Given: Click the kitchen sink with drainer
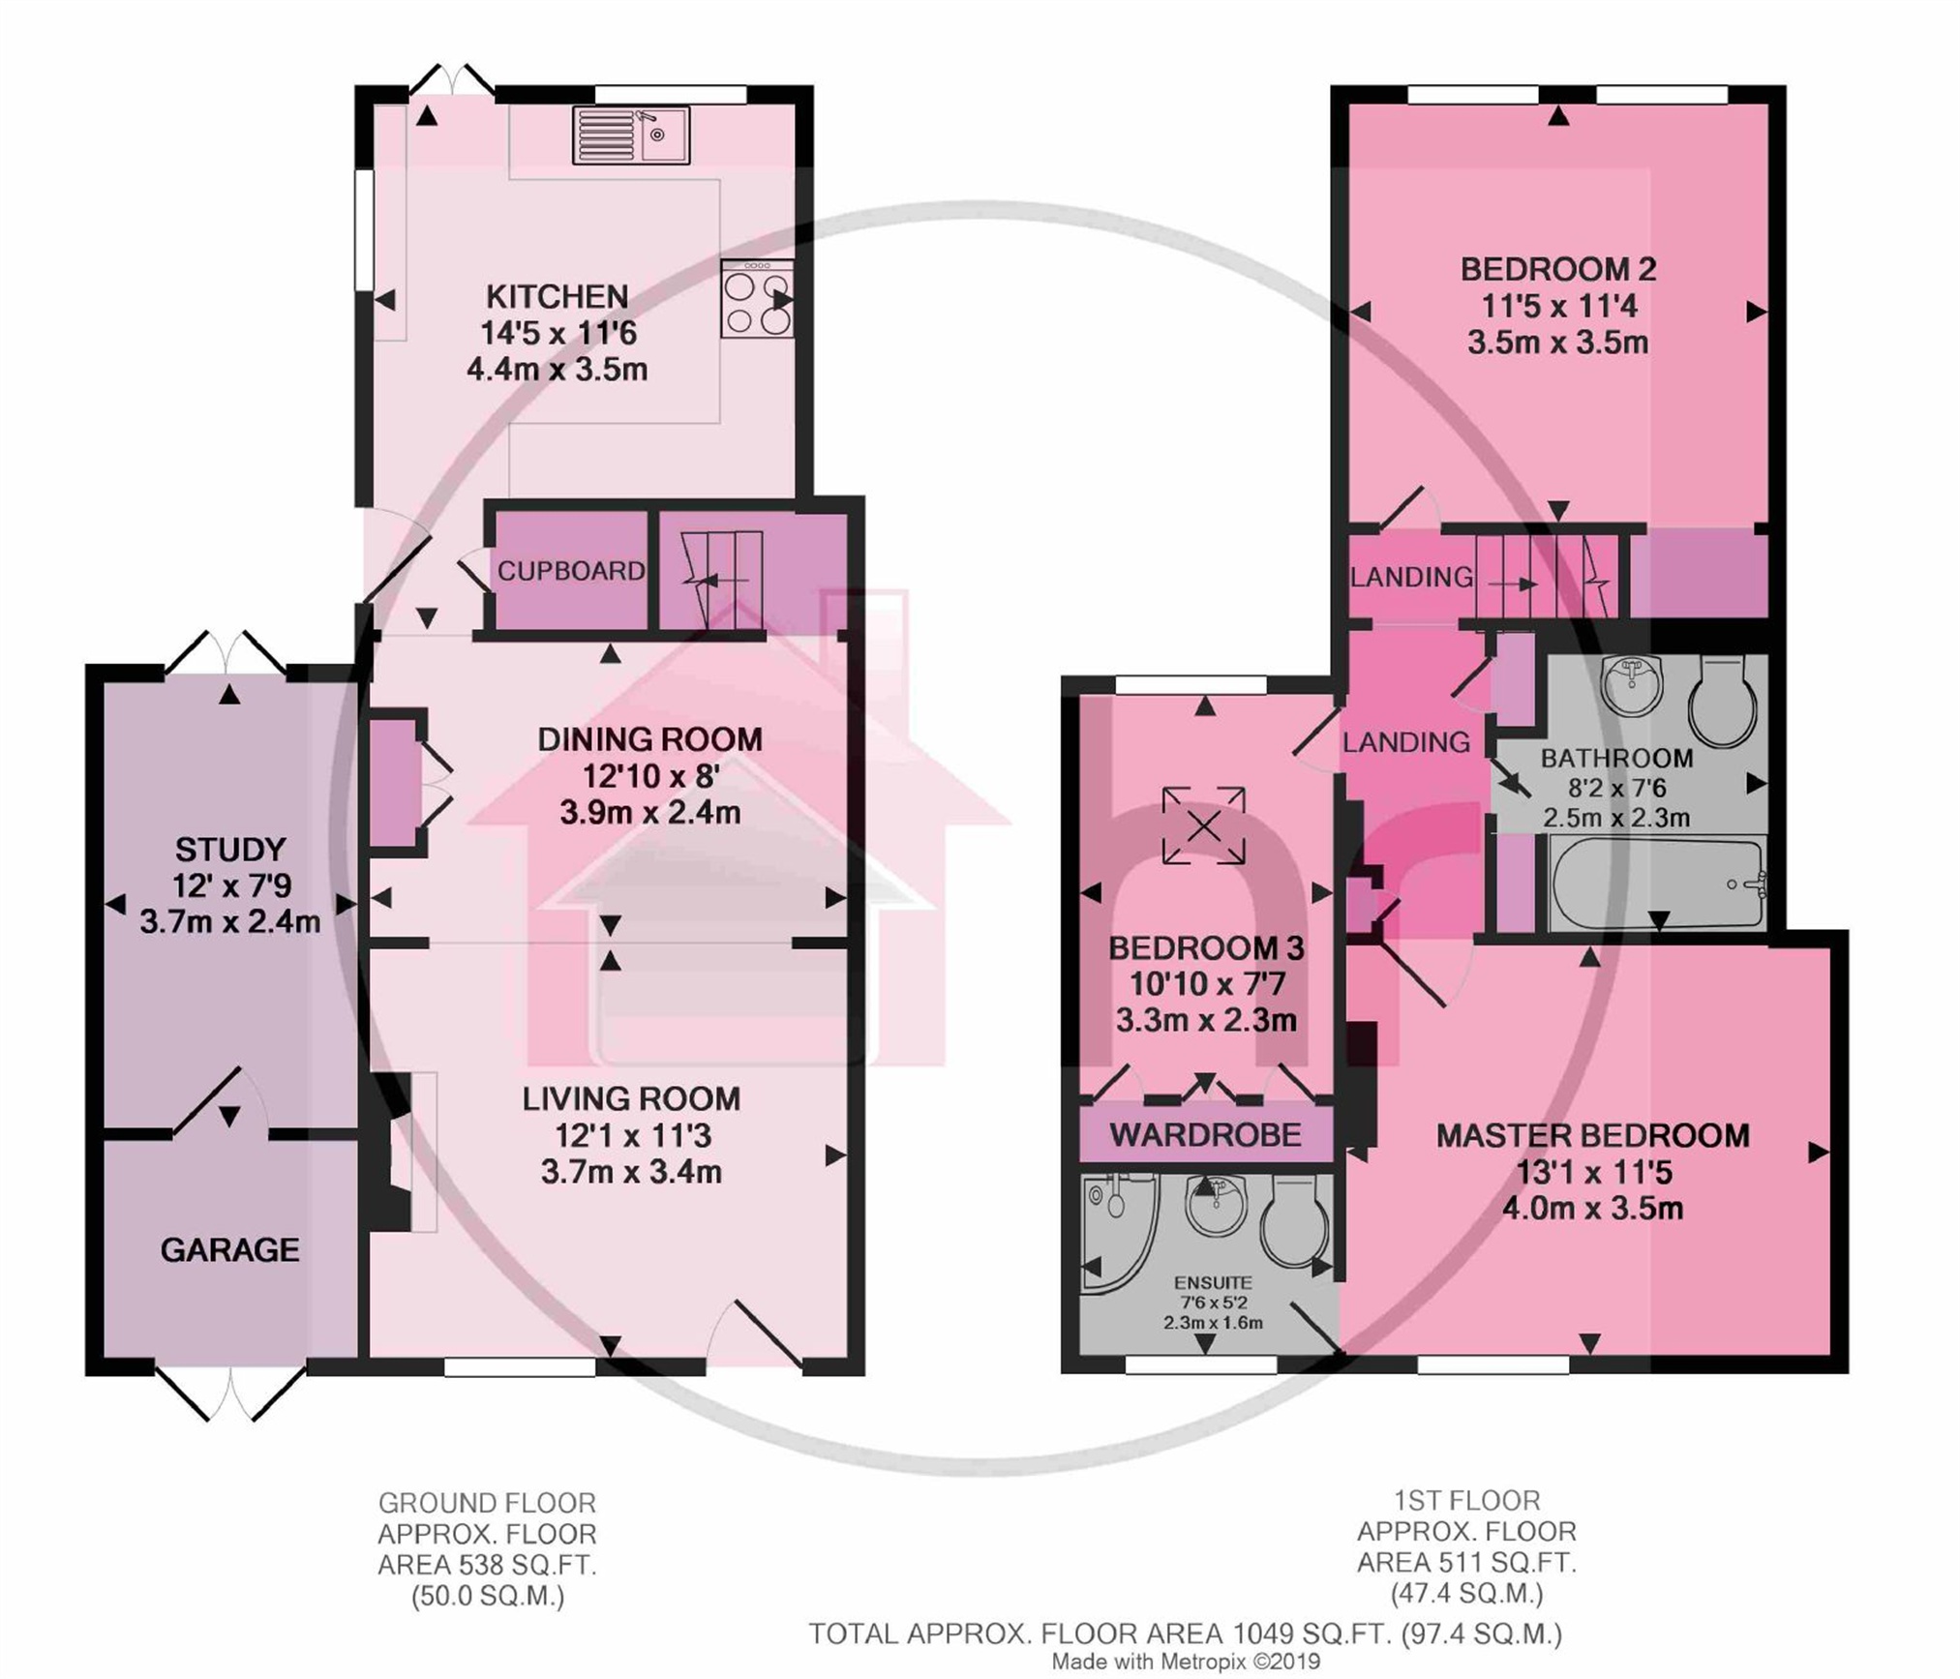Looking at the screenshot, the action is (x=631, y=135).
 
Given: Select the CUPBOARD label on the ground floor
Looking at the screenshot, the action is (x=571, y=571).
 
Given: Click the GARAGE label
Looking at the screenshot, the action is (x=229, y=1250).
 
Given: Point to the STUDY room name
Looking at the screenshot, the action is (x=230, y=850).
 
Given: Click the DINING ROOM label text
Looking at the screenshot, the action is (x=650, y=739).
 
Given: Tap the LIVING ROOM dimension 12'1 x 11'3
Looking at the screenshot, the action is (x=632, y=1135).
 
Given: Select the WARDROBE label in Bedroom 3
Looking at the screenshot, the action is (x=1205, y=1134).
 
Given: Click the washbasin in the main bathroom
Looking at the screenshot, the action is (x=1632, y=683).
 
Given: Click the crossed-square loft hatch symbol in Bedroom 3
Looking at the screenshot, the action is (x=1204, y=825).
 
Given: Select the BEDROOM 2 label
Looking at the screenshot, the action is (x=1558, y=269).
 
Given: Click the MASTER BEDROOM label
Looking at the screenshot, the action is (x=1592, y=1135).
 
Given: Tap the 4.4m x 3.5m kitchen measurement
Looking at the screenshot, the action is (x=558, y=370).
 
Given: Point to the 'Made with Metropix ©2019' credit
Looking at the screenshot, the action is (x=1186, y=1662).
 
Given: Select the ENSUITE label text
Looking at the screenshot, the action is (x=1213, y=1282).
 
